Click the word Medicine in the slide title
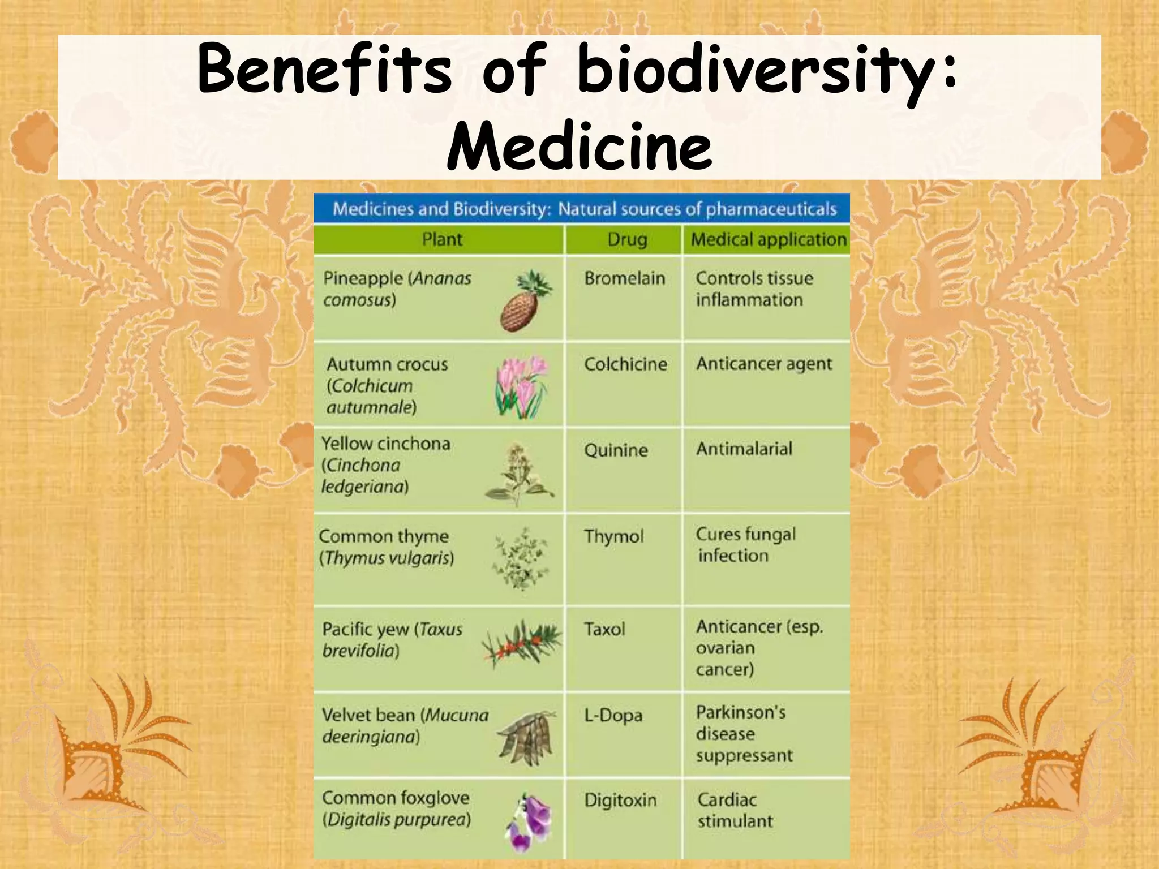tap(579, 146)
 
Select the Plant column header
tap(442, 239)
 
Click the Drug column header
tap(626, 239)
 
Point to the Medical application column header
tap(769, 239)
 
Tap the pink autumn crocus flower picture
tap(522, 386)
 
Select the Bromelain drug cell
tap(624, 278)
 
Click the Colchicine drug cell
tap(625, 364)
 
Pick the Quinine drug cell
tap(616, 450)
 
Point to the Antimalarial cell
tap(744, 449)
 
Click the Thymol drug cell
tap(613, 536)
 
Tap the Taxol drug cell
tap(604, 629)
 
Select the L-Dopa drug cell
tap(613, 715)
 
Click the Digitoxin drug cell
tap(620, 801)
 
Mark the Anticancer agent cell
tap(763, 364)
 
